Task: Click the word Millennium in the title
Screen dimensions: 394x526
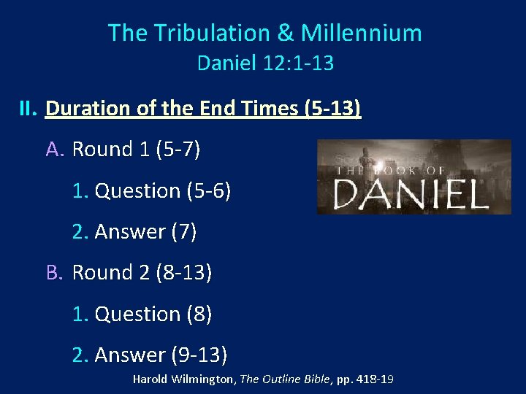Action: coord(361,33)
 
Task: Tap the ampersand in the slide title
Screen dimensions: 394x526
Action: coord(285,33)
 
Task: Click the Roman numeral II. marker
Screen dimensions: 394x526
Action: coord(28,109)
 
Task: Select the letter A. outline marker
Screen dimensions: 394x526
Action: coord(56,150)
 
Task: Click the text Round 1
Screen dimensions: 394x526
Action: coord(112,150)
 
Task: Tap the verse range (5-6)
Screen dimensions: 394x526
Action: coord(209,190)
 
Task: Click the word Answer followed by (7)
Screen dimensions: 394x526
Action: coord(130,232)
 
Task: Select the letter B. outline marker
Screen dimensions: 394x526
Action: coord(56,273)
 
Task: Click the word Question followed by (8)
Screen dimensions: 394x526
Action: coord(138,314)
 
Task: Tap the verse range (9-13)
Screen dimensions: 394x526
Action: coord(199,355)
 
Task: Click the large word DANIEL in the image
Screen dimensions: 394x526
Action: coord(411,195)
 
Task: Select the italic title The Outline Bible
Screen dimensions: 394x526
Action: coord(286,379)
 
